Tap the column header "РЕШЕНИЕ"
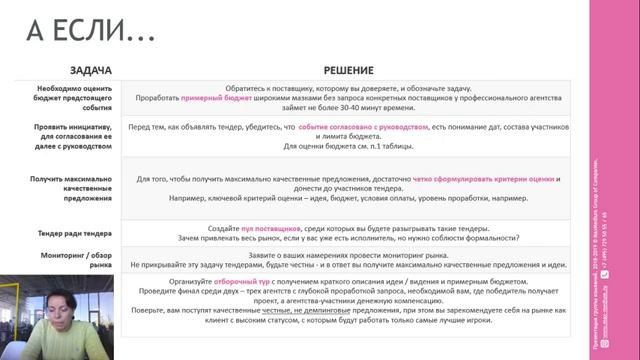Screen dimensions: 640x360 click(348, 70)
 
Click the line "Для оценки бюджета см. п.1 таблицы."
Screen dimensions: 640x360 click(348, 147)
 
